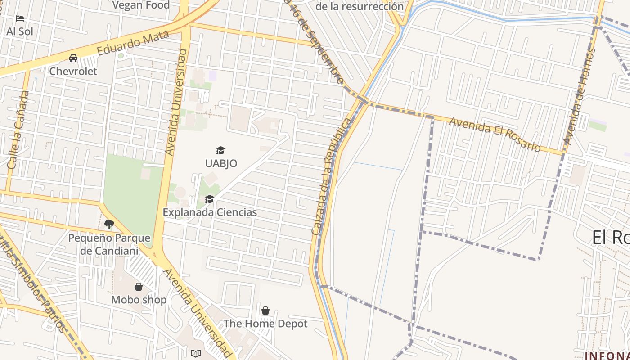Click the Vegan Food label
pos(141,5)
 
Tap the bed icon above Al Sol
pos(20,18)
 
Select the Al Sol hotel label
pos(20,31)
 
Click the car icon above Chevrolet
pos(73,58)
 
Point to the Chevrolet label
pos(73,71)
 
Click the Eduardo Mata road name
pos(133,43)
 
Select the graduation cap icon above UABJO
pos(220,150)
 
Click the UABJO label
pos(221,163)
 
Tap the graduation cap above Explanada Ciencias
pos(209,199)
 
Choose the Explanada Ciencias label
pos(210,212)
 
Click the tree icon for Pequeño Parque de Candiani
pos(109,224)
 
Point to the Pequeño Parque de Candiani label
pos(109,244)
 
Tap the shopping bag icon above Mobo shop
pos(139,287)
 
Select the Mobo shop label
pos(139,300)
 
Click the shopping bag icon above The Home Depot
pos(265,310)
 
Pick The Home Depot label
pos(265,324)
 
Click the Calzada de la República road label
pos(331,177)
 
